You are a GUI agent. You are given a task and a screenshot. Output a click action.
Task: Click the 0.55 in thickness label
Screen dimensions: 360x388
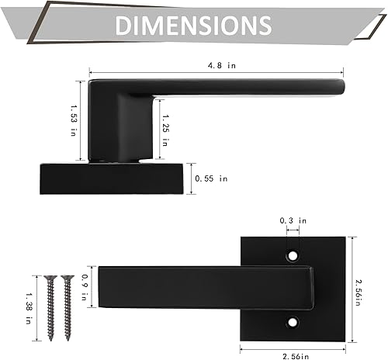(x=211, y=178)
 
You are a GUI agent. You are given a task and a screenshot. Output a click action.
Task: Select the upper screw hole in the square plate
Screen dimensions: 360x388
(x=293, y=254)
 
